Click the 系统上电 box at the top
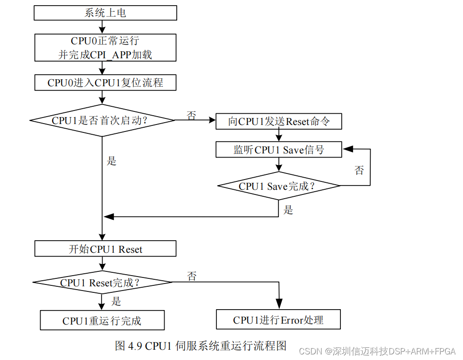pyautogui.click(x=105, y=13)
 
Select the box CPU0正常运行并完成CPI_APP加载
pyautogui.click(x=105, y=48)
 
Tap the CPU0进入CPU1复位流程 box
pyautogui.click(x=105, y=83)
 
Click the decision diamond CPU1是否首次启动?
pyautogui.click(x=103, y=120)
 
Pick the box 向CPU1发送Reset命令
pyautogui.click(x=279, y=122)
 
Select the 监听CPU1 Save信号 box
pyautogui.click(x=279, y=150)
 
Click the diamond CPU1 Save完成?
pyautogui.click(x=279, y=186)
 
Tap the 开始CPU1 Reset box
pyautogui.click(x=105, y=249)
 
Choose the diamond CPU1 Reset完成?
pyautogui.click(x=103, y=283)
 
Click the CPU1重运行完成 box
pyautogui.click(x=102, y=321)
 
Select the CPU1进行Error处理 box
pyautogui.click(x=278, y=320)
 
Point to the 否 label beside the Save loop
pyautogui.click(x=359, y=170)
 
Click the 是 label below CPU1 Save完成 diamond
pyautogui.click(x=289, y=210)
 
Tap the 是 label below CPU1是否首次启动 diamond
pyautogui.click(x=111, y=161)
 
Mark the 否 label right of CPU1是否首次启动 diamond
pyautogui.click(x=191, y=115)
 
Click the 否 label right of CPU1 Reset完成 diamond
pyautogui.click(x=192, y=276)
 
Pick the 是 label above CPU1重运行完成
pyautogui.click(x=116, y=301)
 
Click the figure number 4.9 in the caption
pyautogui.click(x=135, y=346)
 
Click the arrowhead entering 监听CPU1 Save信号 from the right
pyautogui.click(x=346, y=150)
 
